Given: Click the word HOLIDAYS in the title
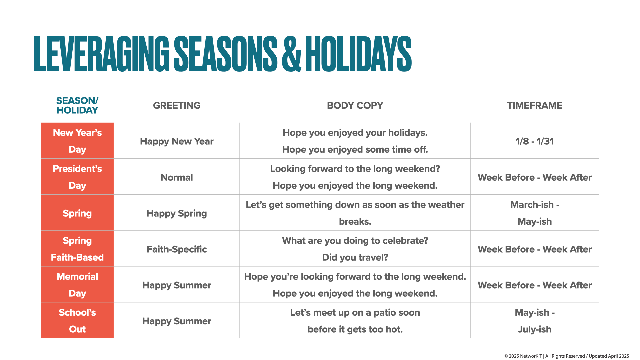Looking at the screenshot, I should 358,54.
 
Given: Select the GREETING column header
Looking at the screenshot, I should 177,106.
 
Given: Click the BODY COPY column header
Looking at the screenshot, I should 355,106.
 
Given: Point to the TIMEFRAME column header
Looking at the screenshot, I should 534,106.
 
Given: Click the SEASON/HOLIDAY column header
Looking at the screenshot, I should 77,105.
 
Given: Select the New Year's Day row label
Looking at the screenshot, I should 77,141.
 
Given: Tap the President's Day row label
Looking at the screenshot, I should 77,177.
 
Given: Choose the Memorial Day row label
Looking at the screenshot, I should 77,285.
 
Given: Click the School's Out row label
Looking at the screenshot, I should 77,321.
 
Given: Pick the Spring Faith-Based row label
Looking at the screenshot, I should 77,249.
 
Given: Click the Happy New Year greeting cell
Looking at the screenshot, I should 177,141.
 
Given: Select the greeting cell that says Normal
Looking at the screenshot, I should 177,177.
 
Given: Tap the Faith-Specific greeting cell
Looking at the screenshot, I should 177,249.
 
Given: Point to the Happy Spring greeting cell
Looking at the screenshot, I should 177,213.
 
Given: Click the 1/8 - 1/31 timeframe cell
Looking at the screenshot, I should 534,141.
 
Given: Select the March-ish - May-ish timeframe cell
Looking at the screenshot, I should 534,213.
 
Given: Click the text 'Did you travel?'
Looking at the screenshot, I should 355,257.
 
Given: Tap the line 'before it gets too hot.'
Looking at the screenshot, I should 355,329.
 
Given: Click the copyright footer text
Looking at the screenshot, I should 566,356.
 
